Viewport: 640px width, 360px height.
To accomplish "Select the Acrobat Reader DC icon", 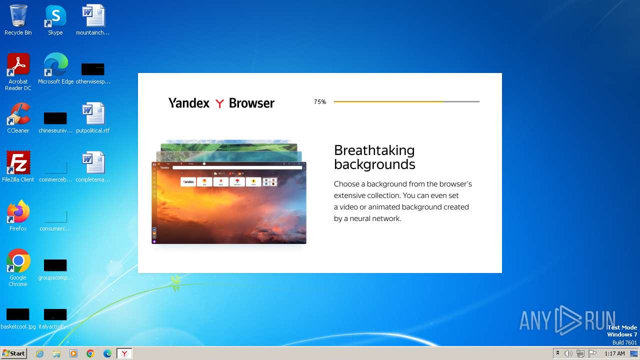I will tap(18, 65).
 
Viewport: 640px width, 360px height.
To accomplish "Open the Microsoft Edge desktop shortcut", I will tap(55, 65).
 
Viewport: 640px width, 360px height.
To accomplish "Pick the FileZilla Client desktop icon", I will tap(18, 163).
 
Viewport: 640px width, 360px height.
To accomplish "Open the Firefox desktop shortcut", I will tap(18, 212).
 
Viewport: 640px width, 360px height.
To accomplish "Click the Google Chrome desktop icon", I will tap(18, 261).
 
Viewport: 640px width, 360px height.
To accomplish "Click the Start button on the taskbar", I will tap(13, 353).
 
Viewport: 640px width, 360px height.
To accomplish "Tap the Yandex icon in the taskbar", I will tap(124, 353).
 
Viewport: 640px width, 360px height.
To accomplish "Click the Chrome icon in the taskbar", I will tap(90, 353).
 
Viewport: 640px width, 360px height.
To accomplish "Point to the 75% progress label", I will tap(320, 102).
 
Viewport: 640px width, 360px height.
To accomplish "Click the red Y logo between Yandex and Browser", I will tap(219, 103).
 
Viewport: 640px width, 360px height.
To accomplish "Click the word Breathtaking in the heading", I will tap(374, 150).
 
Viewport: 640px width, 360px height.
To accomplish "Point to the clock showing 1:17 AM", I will tap(614, 353).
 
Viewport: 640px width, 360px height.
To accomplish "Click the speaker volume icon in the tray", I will tap(568, 353).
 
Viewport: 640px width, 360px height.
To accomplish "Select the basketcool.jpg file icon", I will tap(18, 314).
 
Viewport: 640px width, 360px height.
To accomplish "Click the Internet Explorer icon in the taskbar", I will tap(40, 353).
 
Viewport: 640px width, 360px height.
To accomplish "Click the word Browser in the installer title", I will tap(251, 103).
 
